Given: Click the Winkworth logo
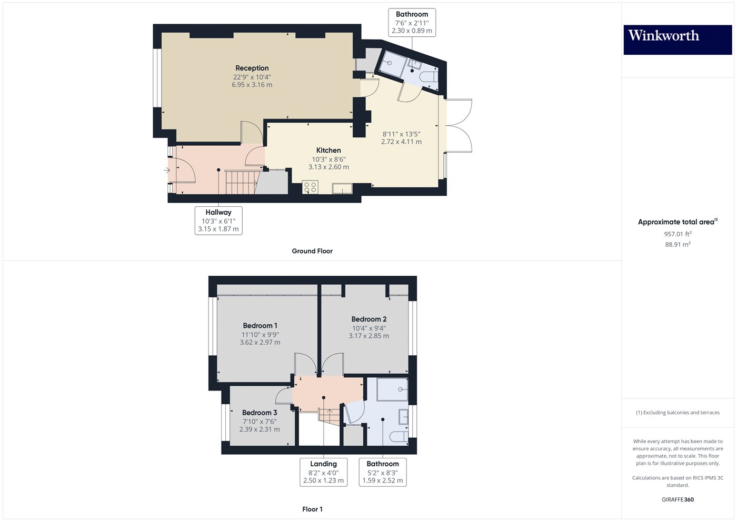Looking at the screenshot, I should pyautogui.click(x=677, y=39).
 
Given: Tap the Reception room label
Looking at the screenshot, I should pyautogui.click(x=252, y=68).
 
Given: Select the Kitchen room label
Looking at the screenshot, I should pyautogui.click(x=328, y=151).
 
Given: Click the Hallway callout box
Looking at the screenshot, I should pyautogui.click(x=218, y=221).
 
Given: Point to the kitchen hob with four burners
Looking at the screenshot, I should pyautogui.click(x=310, y=187).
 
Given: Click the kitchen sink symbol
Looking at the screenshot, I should pyautogui.click(x=342, y=188).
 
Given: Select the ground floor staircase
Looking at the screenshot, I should pyautogui.click(x=240, y=182).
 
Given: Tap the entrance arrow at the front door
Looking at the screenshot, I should pyautogui.click(x=167, y=170).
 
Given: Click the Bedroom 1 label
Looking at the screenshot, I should pyautogui.click(x=260, y=326).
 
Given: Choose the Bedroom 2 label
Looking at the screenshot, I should pyautogui.click(x=369, y=319).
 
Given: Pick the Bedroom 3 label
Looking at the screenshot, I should pyautogui.click(x=260, y=413).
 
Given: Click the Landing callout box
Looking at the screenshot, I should pyautogui.click(x=323, y=472).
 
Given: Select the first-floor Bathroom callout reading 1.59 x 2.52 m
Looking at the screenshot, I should pyautogui.click(x=383, y=472).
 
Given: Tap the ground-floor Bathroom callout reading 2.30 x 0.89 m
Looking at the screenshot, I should pyautogui.click(x=412, y=23).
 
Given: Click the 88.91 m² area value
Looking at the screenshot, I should pyautogui.click(x=678, y=245).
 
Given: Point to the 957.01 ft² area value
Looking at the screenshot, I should pyautogui.click(x=678, y=234).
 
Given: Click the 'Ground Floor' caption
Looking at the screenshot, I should pyautogui.click(x=312, y=251).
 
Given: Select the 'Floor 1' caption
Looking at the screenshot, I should pyautogui.click(x=312, y=509).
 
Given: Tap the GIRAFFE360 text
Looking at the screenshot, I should pyautogui.click(x=678, y=499).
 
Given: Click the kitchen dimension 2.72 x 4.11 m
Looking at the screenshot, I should pyautogui.click(x=401, y=142).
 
